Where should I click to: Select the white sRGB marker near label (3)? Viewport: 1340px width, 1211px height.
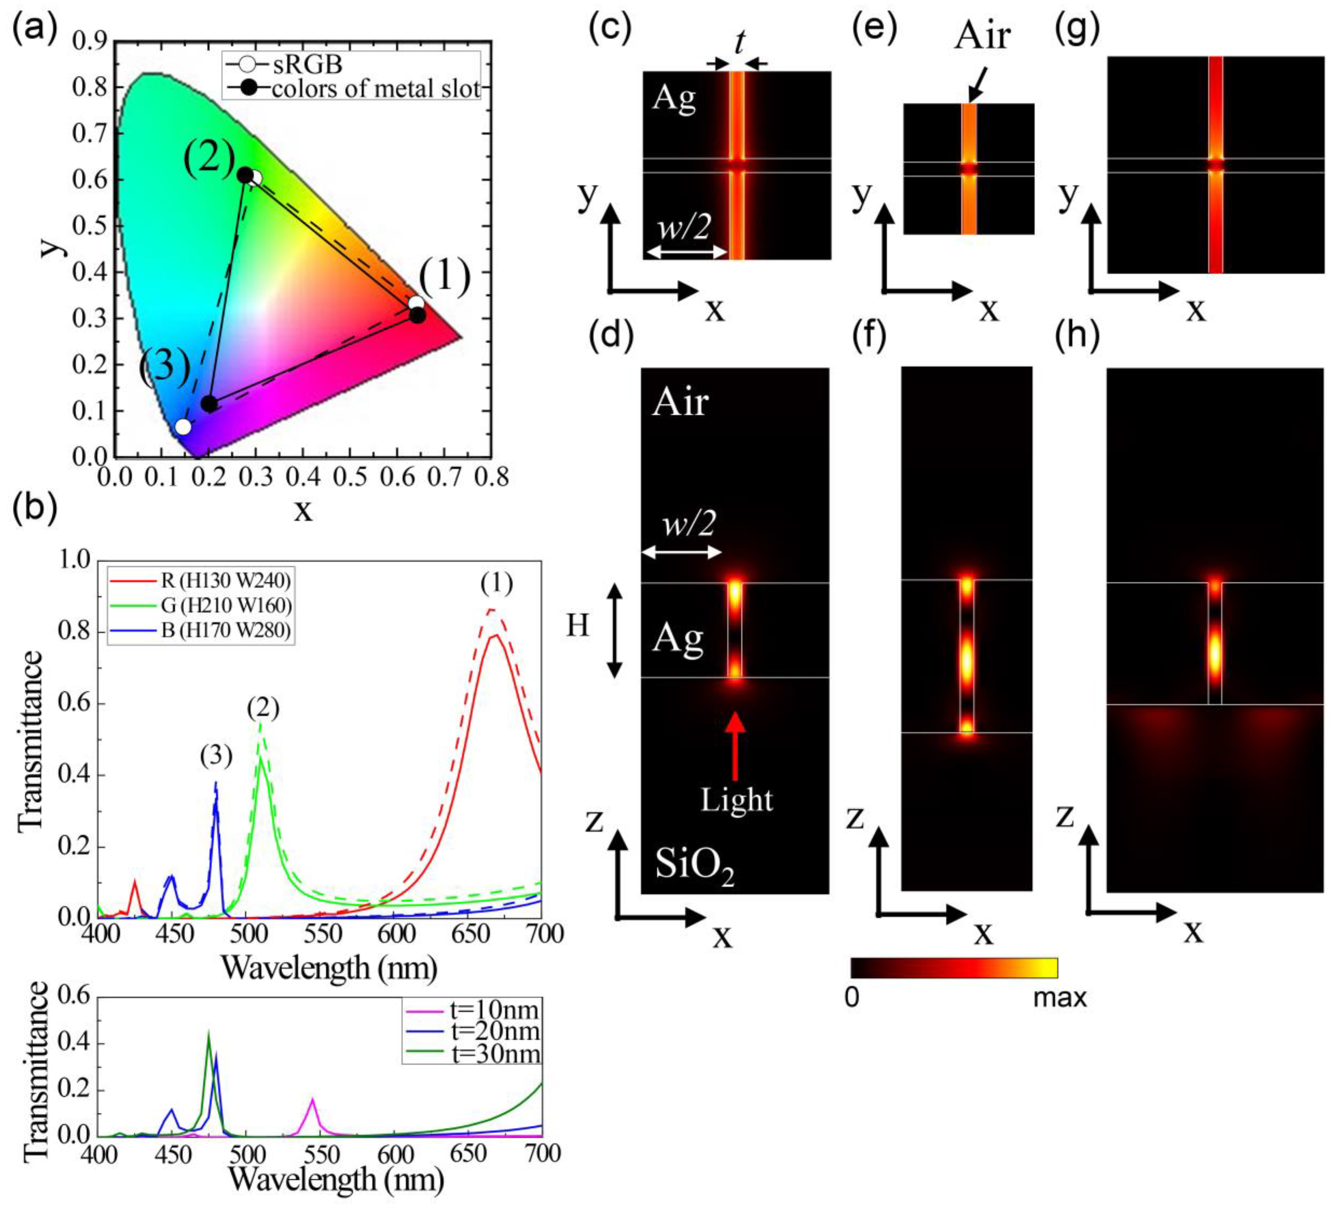(183, 427)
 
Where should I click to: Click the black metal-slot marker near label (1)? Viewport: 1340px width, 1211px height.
(418, 315)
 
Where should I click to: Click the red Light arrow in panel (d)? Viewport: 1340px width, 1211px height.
(735, 745)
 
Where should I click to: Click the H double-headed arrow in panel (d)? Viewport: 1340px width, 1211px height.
(615, 630)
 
